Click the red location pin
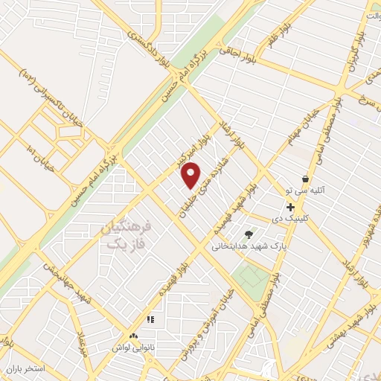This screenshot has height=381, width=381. tap(191, 175)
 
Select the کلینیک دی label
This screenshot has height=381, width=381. tap(308, 217)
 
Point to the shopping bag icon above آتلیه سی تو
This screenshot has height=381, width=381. tap(305, 179)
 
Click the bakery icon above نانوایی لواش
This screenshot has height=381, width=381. tap(133, 337)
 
